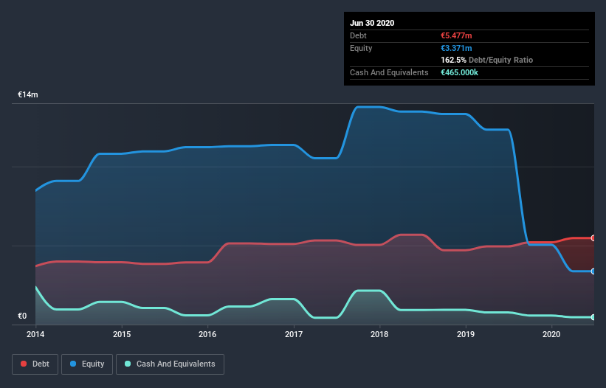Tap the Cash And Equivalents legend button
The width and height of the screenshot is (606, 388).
[x=170, y=364]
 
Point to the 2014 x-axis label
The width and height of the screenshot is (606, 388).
[x=35, y=334]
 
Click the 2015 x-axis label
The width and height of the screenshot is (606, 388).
[x=122, y=334]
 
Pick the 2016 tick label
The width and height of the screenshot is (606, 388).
[x=207, y=334]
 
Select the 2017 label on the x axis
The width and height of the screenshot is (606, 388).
[x=294, y=334]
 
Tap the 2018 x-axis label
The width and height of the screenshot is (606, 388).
[x=380, y=334]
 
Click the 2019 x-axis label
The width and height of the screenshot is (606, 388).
[x=466, y=334]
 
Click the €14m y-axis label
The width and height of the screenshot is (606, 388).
[x=28, y=95]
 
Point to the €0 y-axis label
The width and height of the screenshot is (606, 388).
[x=22, y=316]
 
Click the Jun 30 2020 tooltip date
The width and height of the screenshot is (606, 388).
[x=372, y=23]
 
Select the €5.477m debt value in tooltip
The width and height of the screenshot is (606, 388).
[x=457, y=35]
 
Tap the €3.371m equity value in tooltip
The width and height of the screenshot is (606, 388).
[x=456, y=48]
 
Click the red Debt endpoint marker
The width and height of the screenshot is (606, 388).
[x=593, y=238]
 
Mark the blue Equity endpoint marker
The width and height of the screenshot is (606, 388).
[x=593, y=271]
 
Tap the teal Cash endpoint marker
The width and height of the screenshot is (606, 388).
[x=593, y=317]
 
